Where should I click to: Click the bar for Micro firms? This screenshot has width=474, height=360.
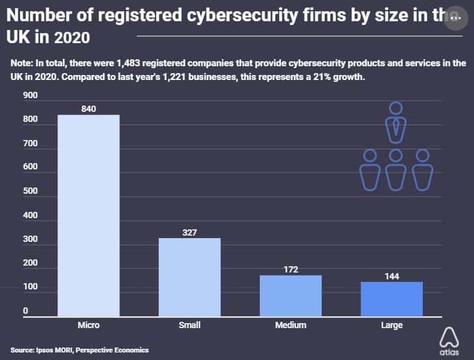pyautogui.click(x=88, y=216)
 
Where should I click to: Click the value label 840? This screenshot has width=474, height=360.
pyautogui.click(x=88, y=109)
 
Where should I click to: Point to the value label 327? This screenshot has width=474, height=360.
pyautogui.click(x=189, y=232)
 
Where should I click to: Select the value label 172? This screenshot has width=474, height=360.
pyautogui.click(x=290, y=269)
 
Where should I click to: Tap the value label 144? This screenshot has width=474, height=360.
pyautogui.click(x=392, y=276)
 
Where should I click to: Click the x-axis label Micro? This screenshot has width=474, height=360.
pyautogui.click(x=88, y=326)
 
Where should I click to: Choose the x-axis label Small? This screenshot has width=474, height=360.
pyautogui.click(x=189, y=326)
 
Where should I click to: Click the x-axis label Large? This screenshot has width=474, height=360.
pyautogui.click(x=392, y=326)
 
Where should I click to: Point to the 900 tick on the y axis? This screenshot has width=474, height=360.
pyautogui.click(x=31, y=96)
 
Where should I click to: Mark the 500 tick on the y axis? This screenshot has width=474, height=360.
pyautogui.click(x=31, y=191)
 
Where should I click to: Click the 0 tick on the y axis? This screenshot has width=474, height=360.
pyautogui.click(x=26, y=311)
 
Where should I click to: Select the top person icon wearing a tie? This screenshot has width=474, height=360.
pyautogui.click(x=396, y=122)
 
